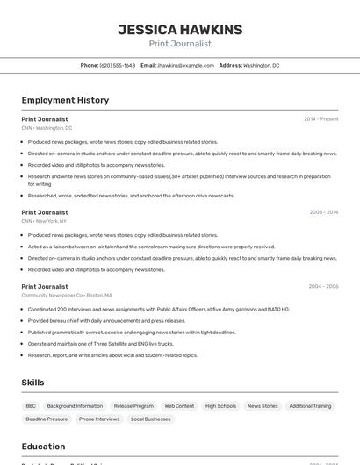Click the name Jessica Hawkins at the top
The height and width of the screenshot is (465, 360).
point(180,29)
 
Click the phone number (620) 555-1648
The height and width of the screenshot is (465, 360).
point(118,65)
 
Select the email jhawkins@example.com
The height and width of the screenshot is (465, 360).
point(186,65)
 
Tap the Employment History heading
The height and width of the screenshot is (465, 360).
point(65,100)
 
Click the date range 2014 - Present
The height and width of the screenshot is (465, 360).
point(320,119)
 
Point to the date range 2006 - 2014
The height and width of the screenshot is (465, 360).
point(323,212)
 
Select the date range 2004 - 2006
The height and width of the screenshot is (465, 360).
point(323,287)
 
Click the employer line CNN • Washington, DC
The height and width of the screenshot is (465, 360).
point(47,128)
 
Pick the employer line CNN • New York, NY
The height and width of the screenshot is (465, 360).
point(44,221)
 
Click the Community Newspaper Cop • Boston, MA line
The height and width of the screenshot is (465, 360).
point(67,296)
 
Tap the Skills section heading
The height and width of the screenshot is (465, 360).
point(32,383)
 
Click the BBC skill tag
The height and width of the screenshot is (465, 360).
point(31,406)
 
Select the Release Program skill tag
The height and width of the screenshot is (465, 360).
point(133,406)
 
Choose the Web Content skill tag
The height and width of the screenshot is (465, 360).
point(179,406)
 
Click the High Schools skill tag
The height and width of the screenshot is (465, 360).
point(220,406)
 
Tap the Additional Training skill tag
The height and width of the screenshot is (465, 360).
point(310,406)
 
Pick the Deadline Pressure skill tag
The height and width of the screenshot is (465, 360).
point(46,419)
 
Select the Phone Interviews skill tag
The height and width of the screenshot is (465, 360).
point(99,419)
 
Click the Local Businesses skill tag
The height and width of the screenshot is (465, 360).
point(151,419)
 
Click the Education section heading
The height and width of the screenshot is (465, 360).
point(43,447)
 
